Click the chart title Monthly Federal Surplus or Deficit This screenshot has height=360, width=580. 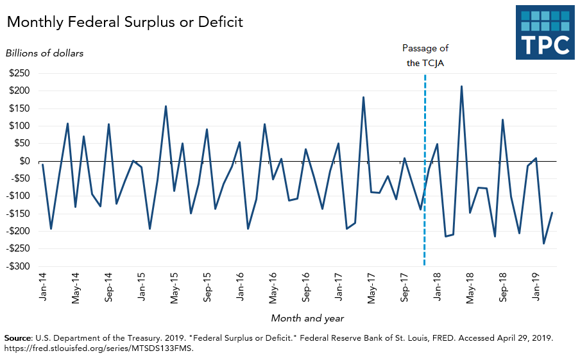coord(125,22)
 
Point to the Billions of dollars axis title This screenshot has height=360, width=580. coord(44,53)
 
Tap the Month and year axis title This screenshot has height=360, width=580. coord(307,318)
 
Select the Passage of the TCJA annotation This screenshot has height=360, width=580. coord(425,55)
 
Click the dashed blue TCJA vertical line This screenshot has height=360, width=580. coord(425,225)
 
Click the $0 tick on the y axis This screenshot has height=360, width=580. coord(26,161)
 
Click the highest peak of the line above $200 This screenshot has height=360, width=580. coord(461,87)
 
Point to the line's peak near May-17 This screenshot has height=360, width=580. coord(364,98)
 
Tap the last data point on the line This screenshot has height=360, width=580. coord(552,213)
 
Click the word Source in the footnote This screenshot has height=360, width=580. coord(17,337)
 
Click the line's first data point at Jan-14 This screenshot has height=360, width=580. coord(42,164)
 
